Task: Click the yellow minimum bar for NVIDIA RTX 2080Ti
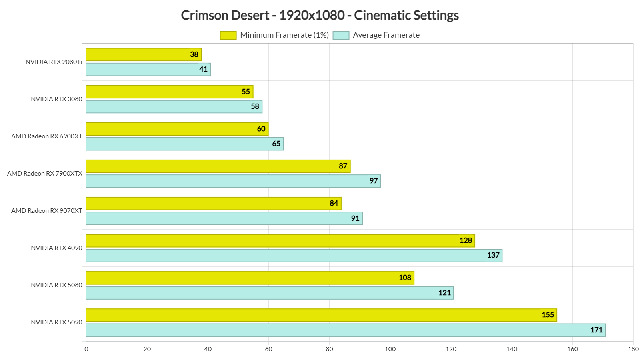(136, 54)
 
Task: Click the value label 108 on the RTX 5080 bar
(405, 278)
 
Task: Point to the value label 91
(355, 218)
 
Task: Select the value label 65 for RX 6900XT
(276, 144)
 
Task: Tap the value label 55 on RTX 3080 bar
(246, 92)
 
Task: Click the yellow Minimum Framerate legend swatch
(228, 35)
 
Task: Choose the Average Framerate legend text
(386, 35)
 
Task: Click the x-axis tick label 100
(390, 349)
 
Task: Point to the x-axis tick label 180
(633, 349)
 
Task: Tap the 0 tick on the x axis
(86, 349)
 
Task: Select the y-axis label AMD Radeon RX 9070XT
(47, 211)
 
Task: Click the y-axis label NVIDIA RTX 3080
(56, 99)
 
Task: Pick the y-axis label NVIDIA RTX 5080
(56, 285)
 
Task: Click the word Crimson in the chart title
(204, 15)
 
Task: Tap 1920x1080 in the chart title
(312, 15)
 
